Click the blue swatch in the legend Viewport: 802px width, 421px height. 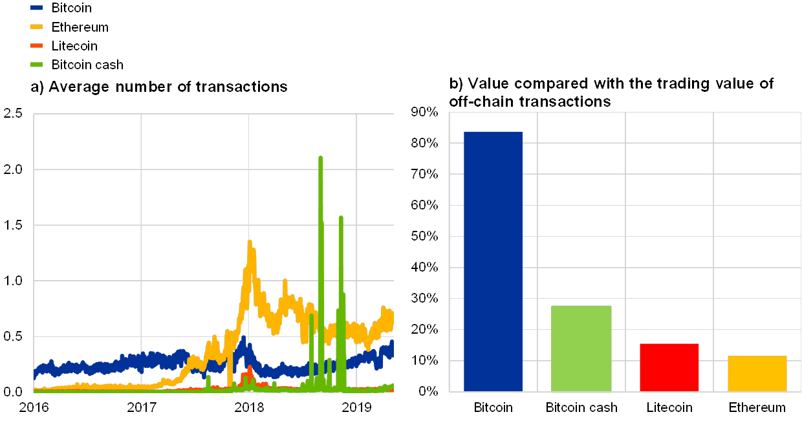click(37, 8)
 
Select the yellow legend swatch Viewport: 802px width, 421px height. click(37, 27)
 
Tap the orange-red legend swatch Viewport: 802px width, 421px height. click(37, 45)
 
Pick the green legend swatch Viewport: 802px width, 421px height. click(37, 64)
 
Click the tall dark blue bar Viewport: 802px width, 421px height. click(493, 261)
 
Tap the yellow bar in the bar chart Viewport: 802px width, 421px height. click(757, 373)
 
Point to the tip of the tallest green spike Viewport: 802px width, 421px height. click(320, 157)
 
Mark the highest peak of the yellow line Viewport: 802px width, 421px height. click(249, 242)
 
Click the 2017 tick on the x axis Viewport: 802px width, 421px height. click(142, 407)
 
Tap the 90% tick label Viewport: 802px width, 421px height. click(425, 114)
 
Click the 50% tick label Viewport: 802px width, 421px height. click(425, 237)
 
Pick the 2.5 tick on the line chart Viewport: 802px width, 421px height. click(13, 114)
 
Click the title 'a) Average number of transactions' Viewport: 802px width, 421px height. click(158, 87)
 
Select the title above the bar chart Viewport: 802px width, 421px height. click(611, 92)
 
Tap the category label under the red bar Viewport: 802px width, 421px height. click(669, 407)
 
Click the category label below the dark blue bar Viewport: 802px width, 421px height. click(493, 407)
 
